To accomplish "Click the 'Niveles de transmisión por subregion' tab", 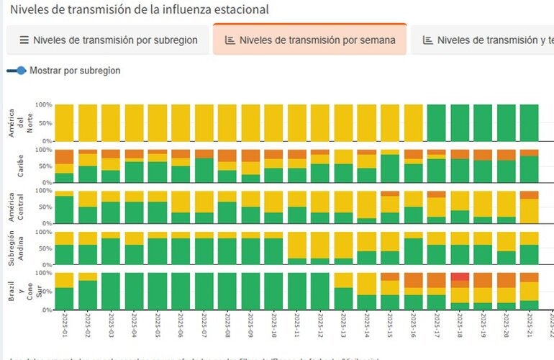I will (x=108, y=40).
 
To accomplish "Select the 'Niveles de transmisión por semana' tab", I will (x=309, y=40).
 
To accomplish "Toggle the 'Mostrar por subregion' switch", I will (x=17, y=71).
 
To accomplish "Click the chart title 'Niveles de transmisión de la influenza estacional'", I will (x=140, y=10).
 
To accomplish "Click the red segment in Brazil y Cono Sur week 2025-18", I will (x=460, y=276).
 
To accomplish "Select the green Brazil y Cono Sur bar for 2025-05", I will (x=158, y=291).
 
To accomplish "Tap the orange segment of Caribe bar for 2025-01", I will (x=64, y=156).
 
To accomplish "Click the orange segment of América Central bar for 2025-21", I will (x=530, y=195).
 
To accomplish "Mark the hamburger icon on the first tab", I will (x=24, y=40).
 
